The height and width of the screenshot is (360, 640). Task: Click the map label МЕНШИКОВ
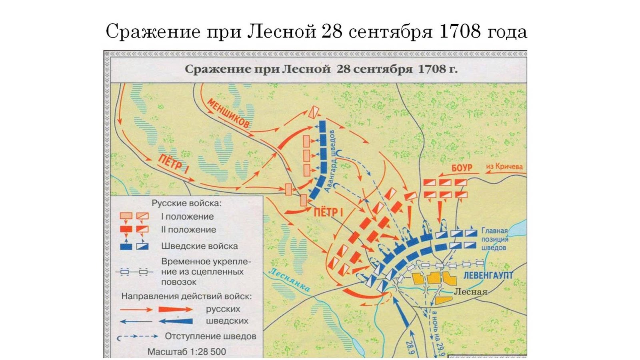[x=228, y=114]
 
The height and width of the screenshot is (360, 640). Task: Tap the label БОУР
[x=462, y=168]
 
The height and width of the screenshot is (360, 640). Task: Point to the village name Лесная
[x=471, y=292]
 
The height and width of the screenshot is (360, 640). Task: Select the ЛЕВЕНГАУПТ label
[x=488, y=276]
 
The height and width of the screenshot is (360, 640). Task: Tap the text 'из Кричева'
[x=504, y=166]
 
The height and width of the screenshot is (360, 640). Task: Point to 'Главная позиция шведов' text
[x=494, y=239]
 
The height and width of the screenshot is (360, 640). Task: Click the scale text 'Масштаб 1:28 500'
[x=187, y=352]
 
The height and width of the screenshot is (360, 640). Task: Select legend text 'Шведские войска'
[x=199, y=246]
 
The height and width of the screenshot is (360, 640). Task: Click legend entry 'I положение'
[x=187, y=216]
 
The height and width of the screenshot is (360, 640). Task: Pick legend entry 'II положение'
[x=188, y=230]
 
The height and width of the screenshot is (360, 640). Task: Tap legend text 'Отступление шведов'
[x=210, y=336]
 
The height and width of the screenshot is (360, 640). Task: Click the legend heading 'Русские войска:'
[x=186, y=203]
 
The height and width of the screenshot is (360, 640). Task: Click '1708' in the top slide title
[x=460, y=31]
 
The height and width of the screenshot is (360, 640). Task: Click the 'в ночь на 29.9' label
[x=437, y=334]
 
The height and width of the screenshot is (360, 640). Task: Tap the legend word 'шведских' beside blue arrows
[x=227, y=321]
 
